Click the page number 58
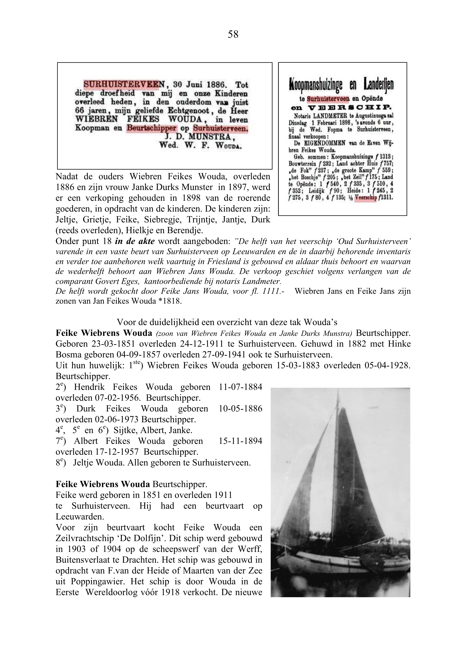233,34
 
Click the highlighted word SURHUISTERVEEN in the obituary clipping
121,84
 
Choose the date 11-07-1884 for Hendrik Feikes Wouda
240,387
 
